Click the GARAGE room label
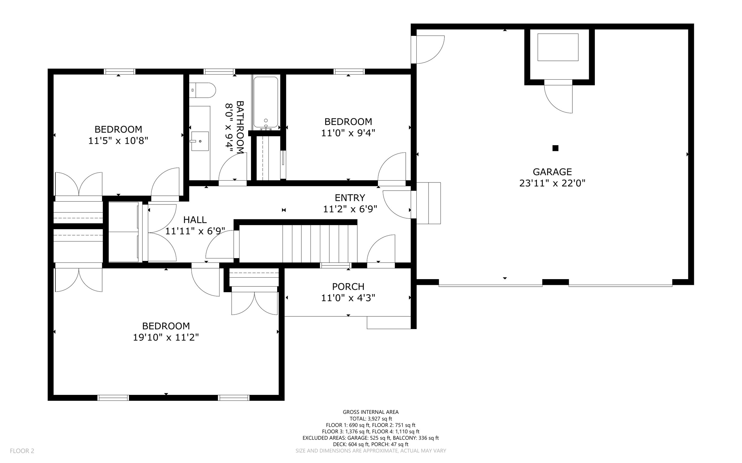(x=552, y=172)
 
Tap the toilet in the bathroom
(x=203, y=90)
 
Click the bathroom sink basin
(x=200, y=141)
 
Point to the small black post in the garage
(x=555, y=148)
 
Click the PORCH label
(x=348, y=286)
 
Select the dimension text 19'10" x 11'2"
(x=166, y=337)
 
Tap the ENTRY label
(x=350, y=198)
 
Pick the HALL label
(x=195, y=220)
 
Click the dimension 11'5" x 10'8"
(x=118, y=141)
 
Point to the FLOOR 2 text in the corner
(x=22, y=451)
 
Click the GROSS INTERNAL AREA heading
(x=370, y=412)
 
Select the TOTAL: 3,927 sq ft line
(x=370, y=418)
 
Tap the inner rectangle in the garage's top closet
(x=558, y=47)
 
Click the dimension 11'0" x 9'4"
(x=348, y=133)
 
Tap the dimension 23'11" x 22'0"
(x=552, y=183)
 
